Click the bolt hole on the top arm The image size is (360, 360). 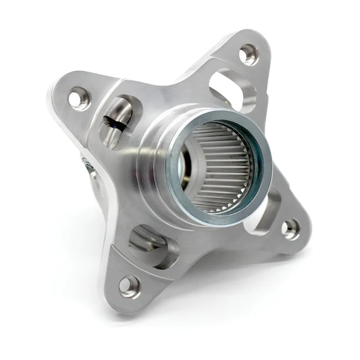[248, 53]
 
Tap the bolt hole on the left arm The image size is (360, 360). [79, 99]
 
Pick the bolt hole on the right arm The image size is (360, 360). [290, 228]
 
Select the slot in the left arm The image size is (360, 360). [120, 122]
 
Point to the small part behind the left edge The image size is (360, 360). [88, 165]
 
